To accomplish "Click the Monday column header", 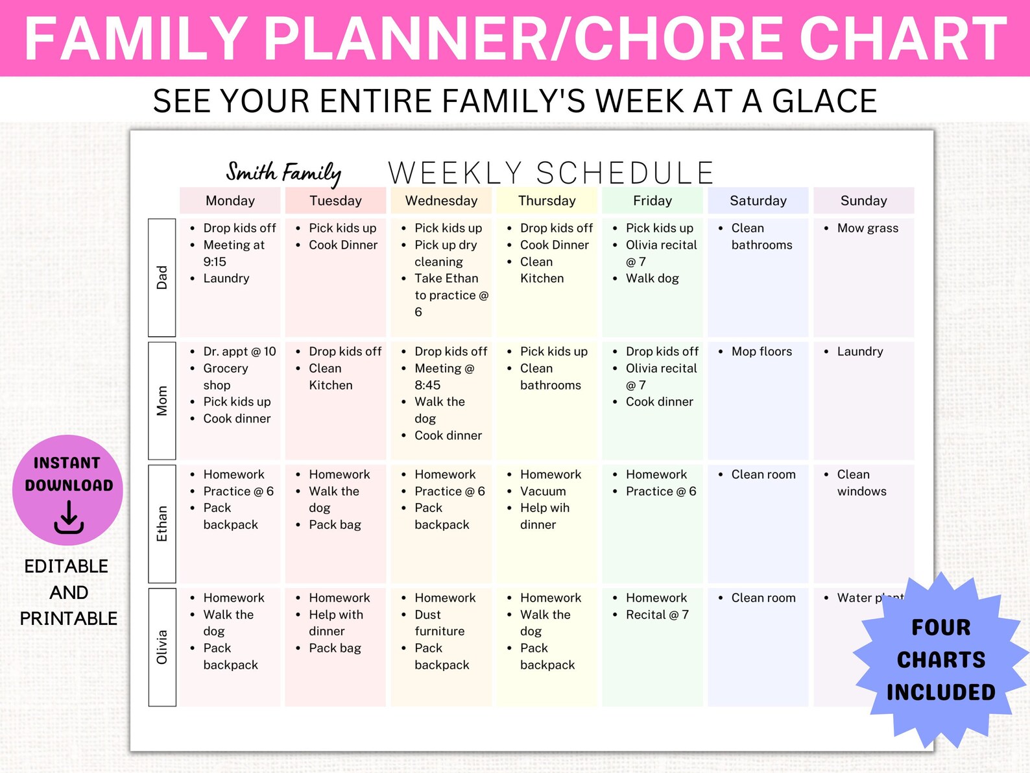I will coord(230,201).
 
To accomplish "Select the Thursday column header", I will coord(547,201).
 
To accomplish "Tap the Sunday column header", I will coord(863,201).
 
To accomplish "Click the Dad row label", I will coord(162,277).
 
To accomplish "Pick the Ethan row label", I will coord(162,524).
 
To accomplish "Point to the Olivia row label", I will coord(162,647).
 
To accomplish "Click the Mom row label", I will coord(162,400).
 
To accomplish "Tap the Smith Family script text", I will coord(283,173).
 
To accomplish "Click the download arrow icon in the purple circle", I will coord(69,518).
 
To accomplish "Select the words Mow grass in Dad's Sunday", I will coord(867,228).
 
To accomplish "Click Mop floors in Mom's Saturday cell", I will coord(761,351).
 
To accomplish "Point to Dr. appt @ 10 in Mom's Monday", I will coord(239,351).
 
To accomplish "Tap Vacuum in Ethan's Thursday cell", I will coord(543,491).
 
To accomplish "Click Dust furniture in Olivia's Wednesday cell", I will coord(439,622).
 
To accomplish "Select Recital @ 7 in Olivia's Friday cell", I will coord(657,615).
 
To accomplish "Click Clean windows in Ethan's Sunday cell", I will coord(861,483).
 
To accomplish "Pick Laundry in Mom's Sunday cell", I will coord(860,351).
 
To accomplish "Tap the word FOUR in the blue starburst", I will coord(940,628).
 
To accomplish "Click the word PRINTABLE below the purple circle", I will coord(69,619).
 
